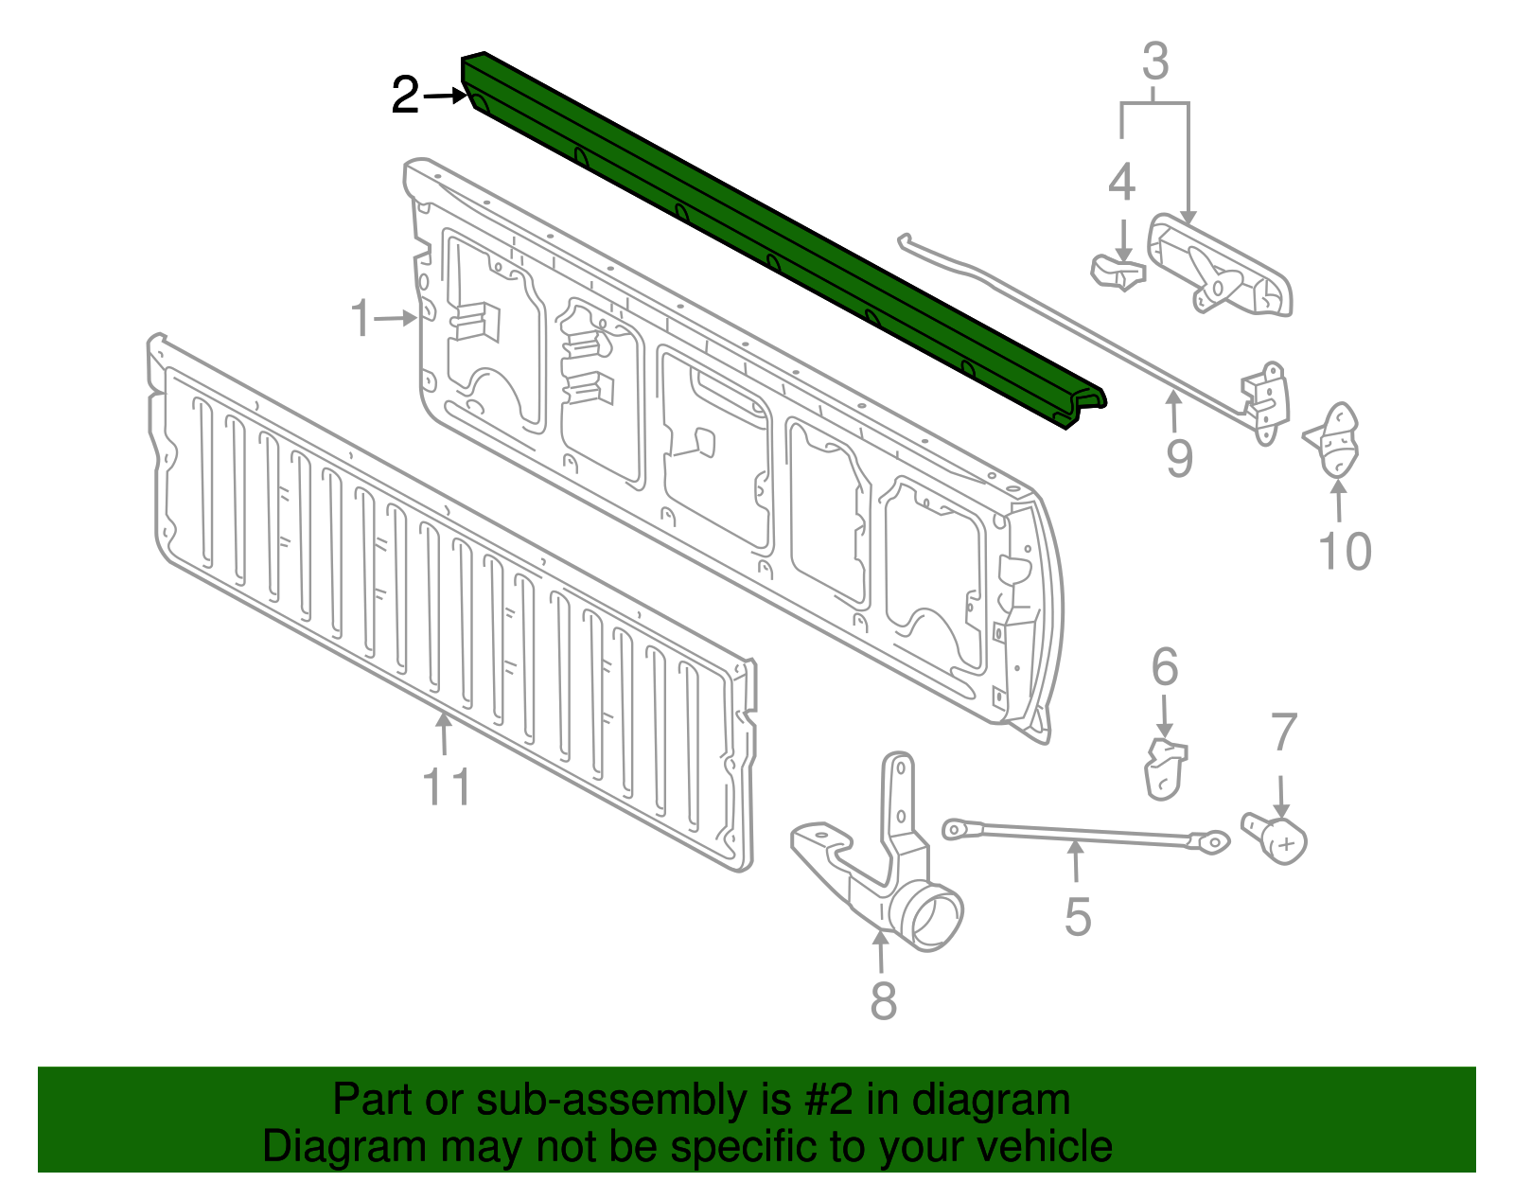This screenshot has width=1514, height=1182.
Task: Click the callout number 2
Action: (405, 96)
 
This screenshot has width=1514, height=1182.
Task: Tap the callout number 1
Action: (361, 319)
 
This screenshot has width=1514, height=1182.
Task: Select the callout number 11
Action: (446, 786)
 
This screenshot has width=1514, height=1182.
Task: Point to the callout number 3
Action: (1155, 62)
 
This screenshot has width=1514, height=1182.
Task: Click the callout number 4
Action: (1121, 183)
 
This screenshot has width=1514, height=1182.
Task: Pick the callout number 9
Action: (1178, 458)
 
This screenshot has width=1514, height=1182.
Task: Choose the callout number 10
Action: (1344, 551)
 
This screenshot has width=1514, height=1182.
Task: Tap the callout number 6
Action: (1165, 667)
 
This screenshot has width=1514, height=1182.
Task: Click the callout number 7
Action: (1283, 732)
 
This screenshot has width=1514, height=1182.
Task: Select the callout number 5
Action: (1078, 916)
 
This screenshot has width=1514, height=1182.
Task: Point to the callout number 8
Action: (883, 1000)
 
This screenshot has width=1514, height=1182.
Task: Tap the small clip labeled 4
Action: (1118, 272)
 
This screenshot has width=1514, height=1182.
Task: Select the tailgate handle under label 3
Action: (1221, 270)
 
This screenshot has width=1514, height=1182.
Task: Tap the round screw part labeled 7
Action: (1279, 837)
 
